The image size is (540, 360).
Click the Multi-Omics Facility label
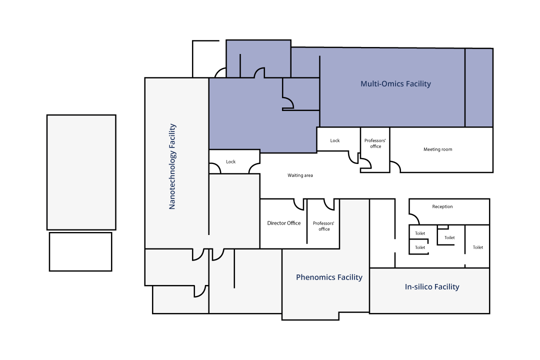395,83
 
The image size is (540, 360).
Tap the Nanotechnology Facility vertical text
172,166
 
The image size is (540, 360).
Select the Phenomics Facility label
329,277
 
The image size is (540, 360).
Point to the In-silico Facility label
432,286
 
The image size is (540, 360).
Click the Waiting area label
300,175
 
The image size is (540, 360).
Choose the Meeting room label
437,149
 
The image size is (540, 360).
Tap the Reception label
442,206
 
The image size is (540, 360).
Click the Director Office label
284,223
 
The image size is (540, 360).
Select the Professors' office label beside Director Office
323,226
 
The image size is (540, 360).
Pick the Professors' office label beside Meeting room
375,143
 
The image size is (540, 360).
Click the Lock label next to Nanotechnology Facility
230,161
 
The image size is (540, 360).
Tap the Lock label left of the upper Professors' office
334,140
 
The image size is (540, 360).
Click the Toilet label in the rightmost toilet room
477,247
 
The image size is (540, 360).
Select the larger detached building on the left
81,172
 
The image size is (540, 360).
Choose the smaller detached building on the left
80,251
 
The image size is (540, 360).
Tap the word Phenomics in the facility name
315,277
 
